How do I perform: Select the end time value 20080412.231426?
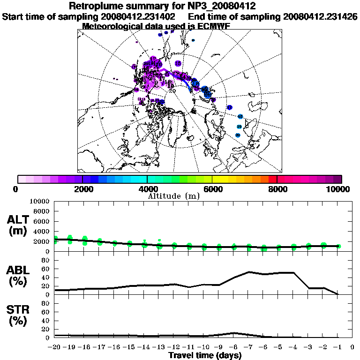click(320, 17)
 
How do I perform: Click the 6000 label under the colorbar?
click(212, 189)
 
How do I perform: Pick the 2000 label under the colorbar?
click(82, 189)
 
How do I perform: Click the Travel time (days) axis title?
click(205, 356)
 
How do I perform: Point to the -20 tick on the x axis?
click(55, 347)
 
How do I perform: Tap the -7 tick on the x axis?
click(248, 347)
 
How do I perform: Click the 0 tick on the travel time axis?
click(352, 347)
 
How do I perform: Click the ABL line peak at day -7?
click(249, 272)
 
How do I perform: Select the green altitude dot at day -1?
click(338, 246)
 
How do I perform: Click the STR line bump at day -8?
click(234, 333)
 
